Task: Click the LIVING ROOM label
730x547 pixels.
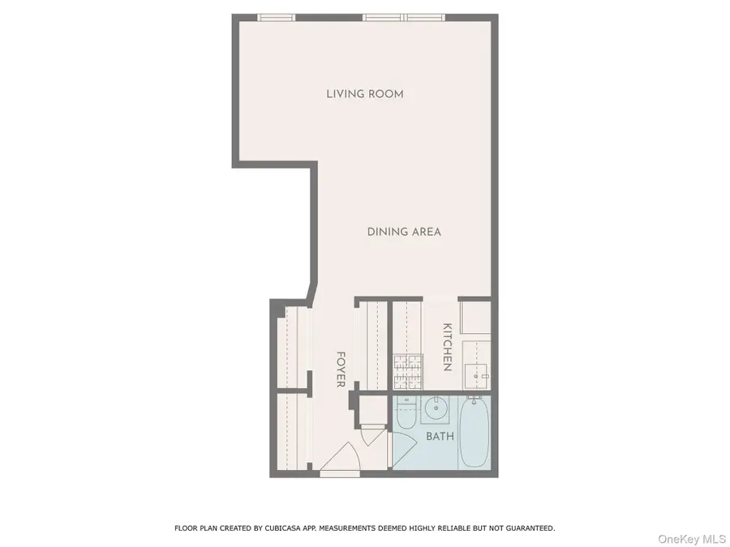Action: [364, 94]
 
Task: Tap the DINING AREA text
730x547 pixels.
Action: [404, 232]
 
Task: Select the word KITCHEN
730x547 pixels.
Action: [447, 347]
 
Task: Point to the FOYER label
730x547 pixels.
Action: [341, 369]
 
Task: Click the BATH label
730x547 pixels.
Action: [440, 436]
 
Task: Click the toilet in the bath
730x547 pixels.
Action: [406, 411]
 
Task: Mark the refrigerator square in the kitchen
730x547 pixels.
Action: [474, 317]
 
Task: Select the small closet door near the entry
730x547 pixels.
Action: [372, 434]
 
